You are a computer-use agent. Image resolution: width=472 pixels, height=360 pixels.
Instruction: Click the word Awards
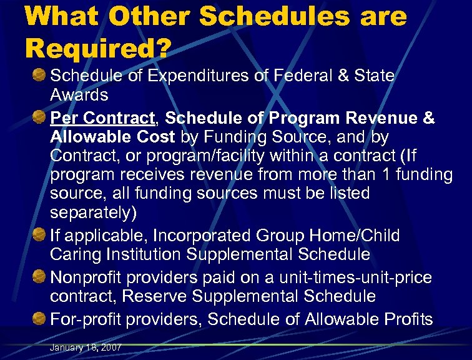(79, 96)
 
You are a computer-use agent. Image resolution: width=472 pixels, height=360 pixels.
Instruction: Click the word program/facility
(209, 155)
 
